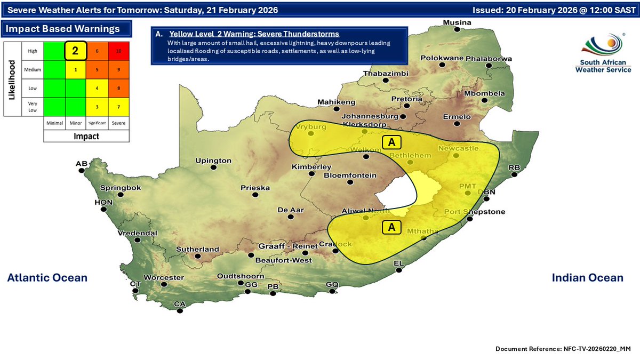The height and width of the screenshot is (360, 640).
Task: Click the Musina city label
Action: (458, 22)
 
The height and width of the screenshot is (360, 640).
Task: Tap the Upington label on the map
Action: (213, 161)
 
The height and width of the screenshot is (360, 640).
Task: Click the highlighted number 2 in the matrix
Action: (76, 51)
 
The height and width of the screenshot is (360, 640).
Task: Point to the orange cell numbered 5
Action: (97, 69)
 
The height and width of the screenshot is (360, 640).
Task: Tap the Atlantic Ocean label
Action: (47, 277)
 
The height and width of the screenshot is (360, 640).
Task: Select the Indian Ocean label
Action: (587, 277)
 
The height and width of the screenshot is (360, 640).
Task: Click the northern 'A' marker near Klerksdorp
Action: (391, 142)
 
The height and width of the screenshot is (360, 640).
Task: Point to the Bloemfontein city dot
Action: (350, 182)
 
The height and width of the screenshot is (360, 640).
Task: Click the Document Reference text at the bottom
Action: (563, 348)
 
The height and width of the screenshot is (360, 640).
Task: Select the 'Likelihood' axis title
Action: (11, 78)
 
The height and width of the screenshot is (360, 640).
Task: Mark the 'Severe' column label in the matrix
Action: (118, 122)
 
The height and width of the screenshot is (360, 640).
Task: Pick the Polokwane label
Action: (442, 58)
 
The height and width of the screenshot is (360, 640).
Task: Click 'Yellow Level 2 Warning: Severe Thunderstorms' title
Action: (254, 34)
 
